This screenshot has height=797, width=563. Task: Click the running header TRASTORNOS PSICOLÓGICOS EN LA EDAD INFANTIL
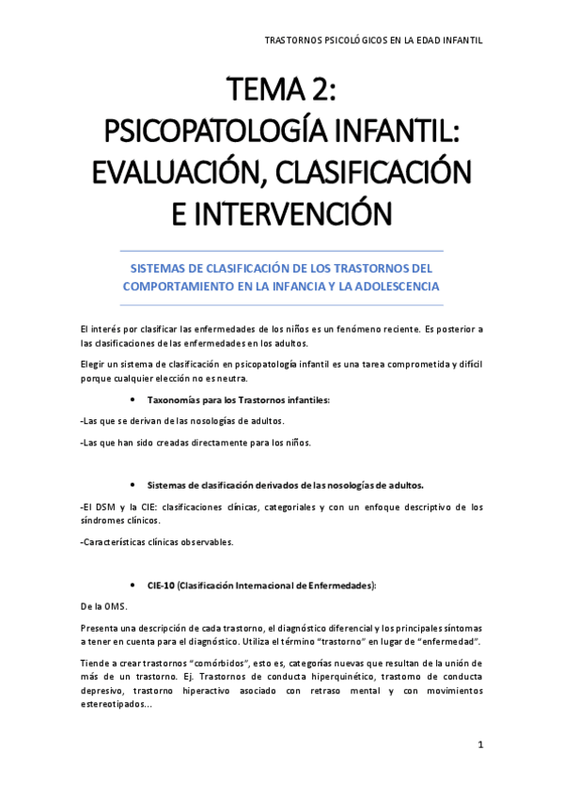[373, 40]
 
